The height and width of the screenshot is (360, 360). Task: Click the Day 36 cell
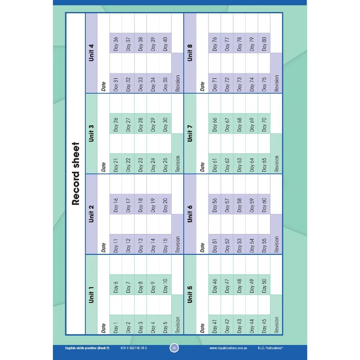click(116, 43)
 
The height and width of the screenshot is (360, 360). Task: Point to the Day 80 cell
click(265, 43)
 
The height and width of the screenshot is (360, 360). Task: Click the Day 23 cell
click(140, 163)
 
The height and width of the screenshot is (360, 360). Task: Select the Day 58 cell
click(240, 204)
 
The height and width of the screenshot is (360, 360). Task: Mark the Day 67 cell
click(227, 123)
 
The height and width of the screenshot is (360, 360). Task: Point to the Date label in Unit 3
click(103, 166)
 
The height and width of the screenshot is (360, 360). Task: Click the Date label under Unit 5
click(202, 327)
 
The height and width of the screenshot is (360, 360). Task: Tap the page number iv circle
click(174, 348)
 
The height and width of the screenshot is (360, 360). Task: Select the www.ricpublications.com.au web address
click(228, 348)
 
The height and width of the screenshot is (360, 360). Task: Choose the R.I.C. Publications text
click(271, 348)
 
